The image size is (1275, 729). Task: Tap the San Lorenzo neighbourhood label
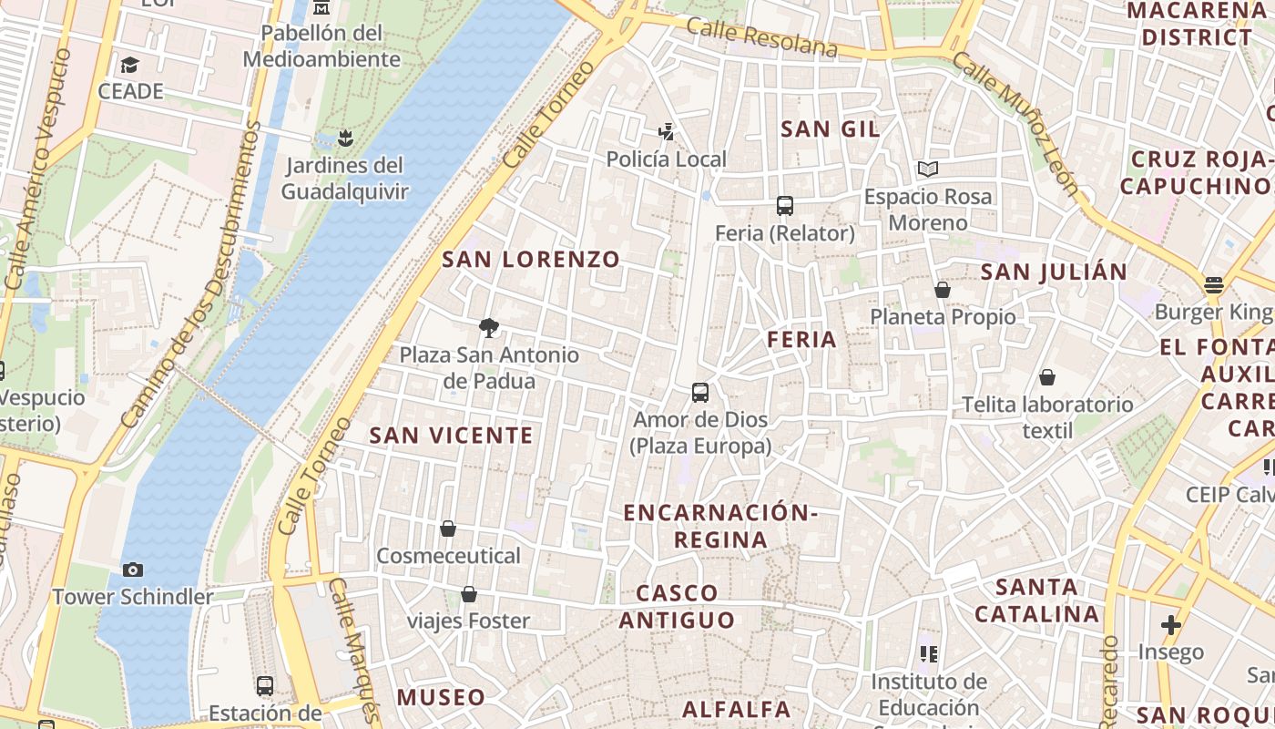(531, 260)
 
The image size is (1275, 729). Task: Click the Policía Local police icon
(667, 132)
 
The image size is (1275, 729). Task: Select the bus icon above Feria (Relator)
(784, 206)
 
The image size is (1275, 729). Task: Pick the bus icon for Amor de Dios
(699, 393)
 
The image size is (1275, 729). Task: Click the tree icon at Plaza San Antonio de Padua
(489, 327)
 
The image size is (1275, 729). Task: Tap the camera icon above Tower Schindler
(133, 570)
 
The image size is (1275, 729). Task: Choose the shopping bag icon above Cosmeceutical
(448, 529)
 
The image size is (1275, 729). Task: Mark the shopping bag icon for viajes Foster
(469, 595)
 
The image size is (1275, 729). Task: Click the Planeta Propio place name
(943, 317)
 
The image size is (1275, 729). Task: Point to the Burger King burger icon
(1213, 285)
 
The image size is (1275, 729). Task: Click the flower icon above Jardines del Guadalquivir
(344, 139)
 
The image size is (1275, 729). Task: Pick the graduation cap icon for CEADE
(129, 65)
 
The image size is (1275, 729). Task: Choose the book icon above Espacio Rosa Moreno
(928, 169)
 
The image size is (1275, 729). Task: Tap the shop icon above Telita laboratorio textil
(1047, 377)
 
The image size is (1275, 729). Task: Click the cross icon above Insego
(1171, 625)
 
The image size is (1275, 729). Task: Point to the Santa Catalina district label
(1036, 601)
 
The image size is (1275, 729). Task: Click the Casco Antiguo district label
(677, 607)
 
